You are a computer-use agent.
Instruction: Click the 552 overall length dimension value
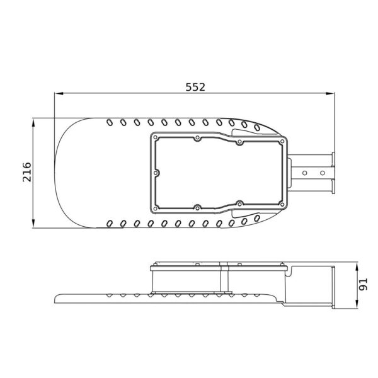(195, 88)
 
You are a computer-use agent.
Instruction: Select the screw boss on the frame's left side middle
(155, 171)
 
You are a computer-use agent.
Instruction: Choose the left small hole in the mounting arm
(306, 171)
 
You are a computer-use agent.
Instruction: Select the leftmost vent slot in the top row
(110, 121)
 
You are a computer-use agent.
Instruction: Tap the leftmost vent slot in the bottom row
(110, 222)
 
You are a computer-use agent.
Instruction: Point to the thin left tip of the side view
(58, 297)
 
